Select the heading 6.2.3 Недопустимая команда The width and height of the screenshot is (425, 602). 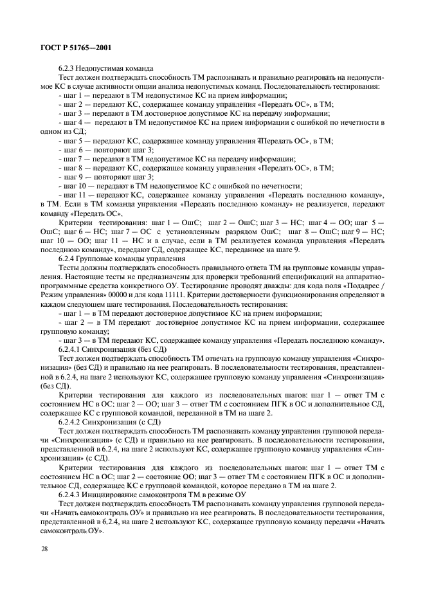pyautogui.click(x=105, y=68)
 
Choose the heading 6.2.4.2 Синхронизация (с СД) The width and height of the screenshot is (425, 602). pyautogui.click(x=106, y=419)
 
